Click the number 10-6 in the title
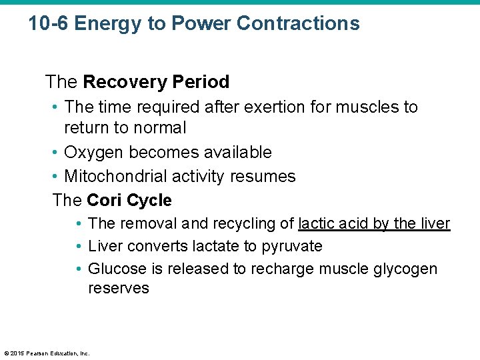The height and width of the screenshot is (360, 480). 49,24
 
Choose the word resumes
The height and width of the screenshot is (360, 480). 265,177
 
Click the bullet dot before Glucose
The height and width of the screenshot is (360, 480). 79,269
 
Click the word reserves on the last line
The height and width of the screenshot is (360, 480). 119,289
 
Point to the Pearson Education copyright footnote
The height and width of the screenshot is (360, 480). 47,353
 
